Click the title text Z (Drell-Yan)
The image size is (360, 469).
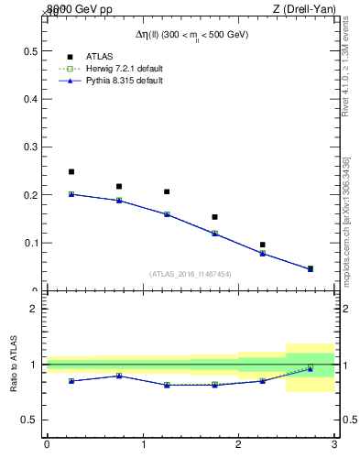coord(303,9)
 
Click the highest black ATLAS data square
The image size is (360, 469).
coord(71,171)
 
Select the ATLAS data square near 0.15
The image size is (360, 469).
coord(214,217)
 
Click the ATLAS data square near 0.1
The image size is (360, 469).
coord(263,245)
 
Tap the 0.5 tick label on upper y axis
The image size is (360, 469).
coord(29,50)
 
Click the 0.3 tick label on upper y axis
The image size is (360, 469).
coord(29,147)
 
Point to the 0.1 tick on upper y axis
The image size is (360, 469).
coord(29,243)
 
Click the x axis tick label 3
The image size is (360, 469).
coord(334,444)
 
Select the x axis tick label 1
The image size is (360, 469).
coord(143,444)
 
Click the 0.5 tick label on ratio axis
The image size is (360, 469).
coord(29,420)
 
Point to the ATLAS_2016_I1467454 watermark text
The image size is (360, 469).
coord(190,274)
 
